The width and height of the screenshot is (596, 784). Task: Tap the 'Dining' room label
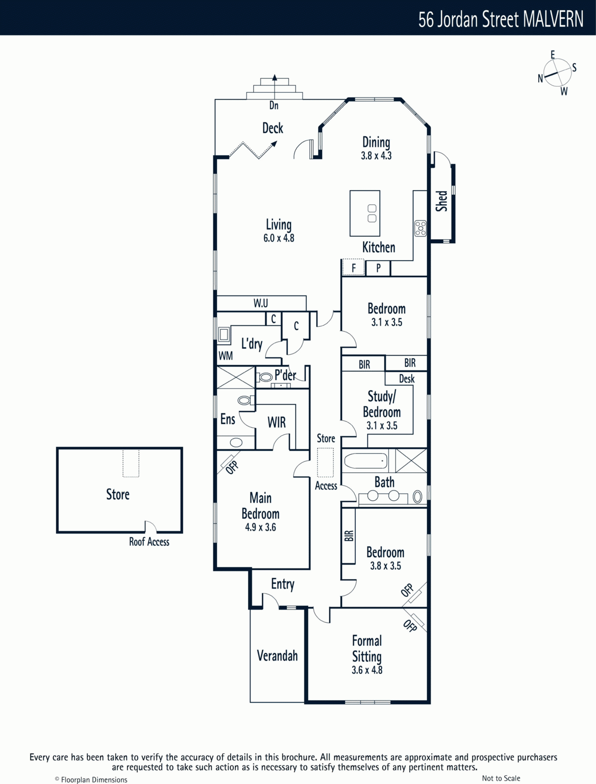pos(376,142)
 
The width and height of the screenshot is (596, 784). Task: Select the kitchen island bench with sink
pos(365,213)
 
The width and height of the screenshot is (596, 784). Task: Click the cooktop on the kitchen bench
pos(421,228)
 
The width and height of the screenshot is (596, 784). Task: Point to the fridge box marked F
pos(353,267)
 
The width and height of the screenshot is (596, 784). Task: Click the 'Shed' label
pos(442,201)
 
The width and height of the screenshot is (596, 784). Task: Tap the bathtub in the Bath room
pos(366,461)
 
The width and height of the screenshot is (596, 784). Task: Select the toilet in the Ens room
pos(246,400)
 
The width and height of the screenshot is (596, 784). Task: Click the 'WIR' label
pos(276,422)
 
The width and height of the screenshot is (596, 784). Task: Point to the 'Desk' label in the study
pos(407,379)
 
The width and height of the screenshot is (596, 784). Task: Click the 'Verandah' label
pos(277,656)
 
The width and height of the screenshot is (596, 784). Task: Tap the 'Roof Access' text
pos(149,542)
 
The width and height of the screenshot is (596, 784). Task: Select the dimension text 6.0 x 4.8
pos(279,238)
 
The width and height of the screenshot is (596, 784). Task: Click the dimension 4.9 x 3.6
pos(260,527)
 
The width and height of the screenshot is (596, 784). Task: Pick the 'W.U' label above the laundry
pos(261,303)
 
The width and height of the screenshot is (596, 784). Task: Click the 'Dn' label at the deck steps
pos(274,105)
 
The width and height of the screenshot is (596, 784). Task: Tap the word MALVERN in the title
pos(553,19)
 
